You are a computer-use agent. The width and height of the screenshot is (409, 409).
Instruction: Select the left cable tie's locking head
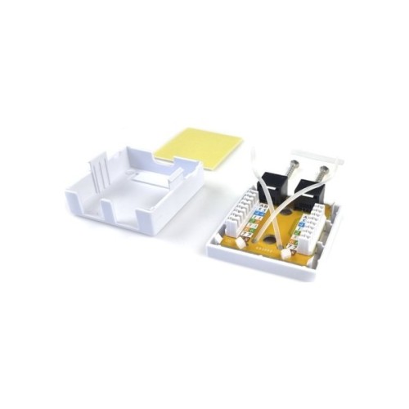242,241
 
